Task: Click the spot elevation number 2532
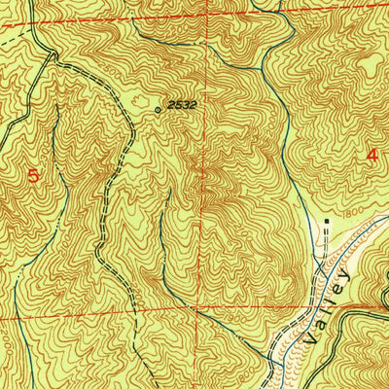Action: tap(181, 103)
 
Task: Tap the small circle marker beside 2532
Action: tap(159, 110)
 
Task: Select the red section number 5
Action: tap(34, 175)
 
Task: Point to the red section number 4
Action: tap(371, 154)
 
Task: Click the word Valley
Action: tap(327, 309)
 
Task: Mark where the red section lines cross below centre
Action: tap(202, 311)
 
